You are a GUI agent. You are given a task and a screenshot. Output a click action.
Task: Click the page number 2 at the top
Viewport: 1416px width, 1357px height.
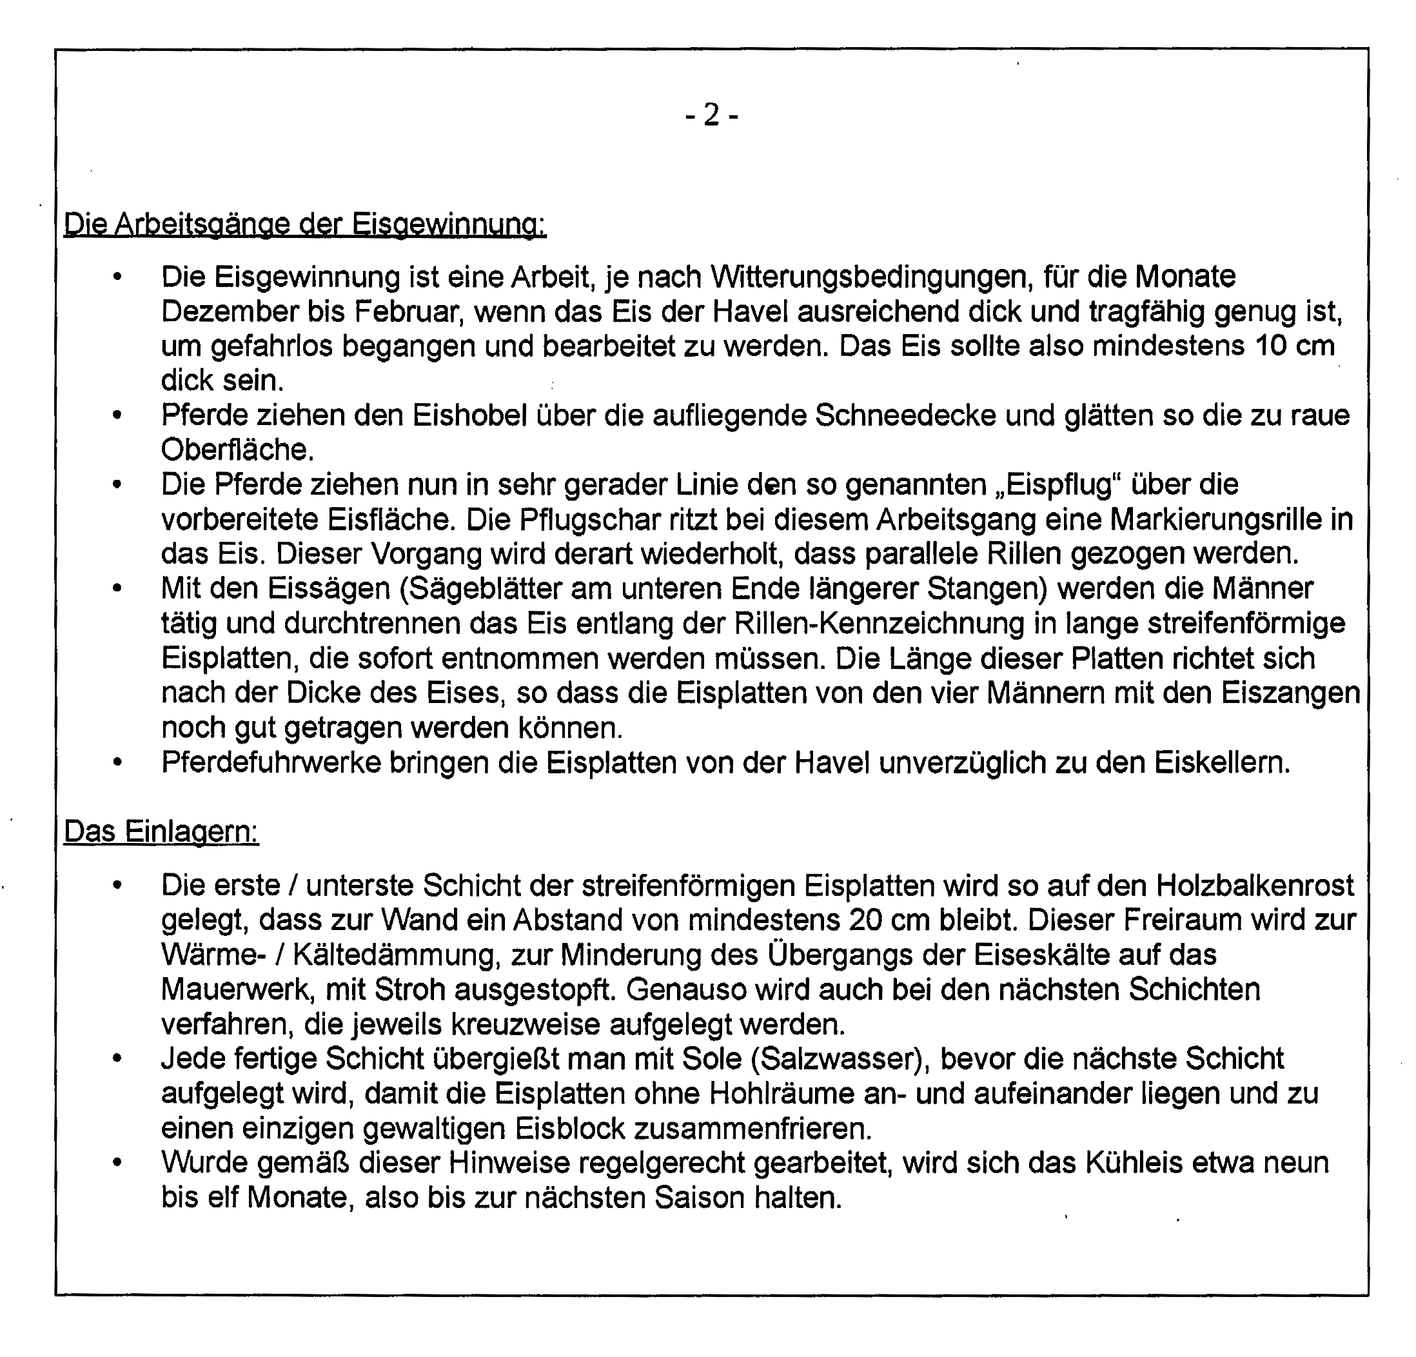pos(712,115)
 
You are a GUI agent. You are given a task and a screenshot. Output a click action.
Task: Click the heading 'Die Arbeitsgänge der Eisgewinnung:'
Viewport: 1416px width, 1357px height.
pos(305,224)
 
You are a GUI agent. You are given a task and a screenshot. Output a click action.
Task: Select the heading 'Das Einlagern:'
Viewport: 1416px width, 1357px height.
pos(161,832)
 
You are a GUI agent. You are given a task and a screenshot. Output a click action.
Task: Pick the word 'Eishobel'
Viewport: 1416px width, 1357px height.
pos(469,415)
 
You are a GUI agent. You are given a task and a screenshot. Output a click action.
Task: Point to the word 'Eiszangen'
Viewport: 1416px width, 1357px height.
pos(1290,693)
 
